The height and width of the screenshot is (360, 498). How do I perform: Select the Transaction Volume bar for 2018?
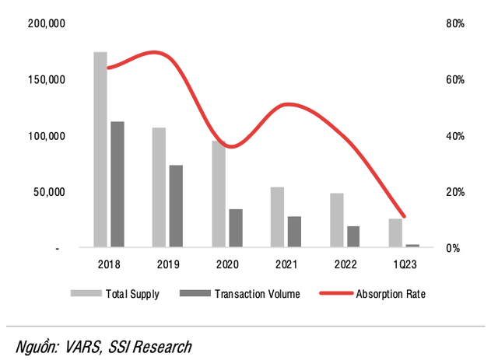117,184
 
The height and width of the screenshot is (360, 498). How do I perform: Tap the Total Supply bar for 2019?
159,187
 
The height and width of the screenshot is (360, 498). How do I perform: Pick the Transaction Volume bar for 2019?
176,206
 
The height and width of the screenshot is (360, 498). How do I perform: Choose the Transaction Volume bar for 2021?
294,232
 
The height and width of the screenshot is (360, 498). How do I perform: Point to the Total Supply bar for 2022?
336,220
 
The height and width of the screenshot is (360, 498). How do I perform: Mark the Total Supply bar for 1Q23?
395,233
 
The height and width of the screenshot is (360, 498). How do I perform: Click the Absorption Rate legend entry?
390,294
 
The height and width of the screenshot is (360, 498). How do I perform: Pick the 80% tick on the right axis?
455,24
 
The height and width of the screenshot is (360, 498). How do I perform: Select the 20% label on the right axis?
455,192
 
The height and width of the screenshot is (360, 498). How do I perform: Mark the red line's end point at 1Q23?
403,216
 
